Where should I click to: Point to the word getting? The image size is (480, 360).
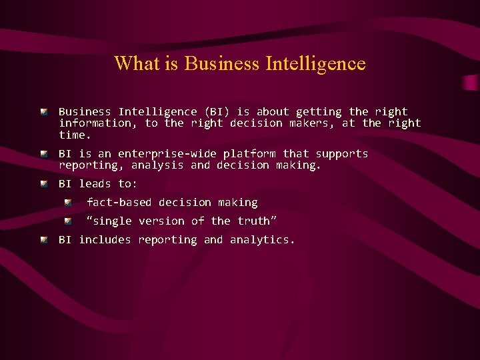pyautogui.click(x=319, y=112)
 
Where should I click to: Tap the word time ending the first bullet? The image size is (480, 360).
pyautogui.click(x=73, y=135)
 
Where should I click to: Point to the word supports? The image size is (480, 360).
pyautogui.click(x=342, y=154)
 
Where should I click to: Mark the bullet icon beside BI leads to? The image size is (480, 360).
pyautogui.click(x=43, y=183)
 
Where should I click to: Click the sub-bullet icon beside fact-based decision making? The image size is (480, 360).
pyautogui.click(x=68, y=201)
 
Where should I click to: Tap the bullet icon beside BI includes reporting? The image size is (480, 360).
pyautogui.click(x=43, y=239)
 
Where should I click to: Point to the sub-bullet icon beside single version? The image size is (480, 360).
pyautogui.click(x=68, y=220)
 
